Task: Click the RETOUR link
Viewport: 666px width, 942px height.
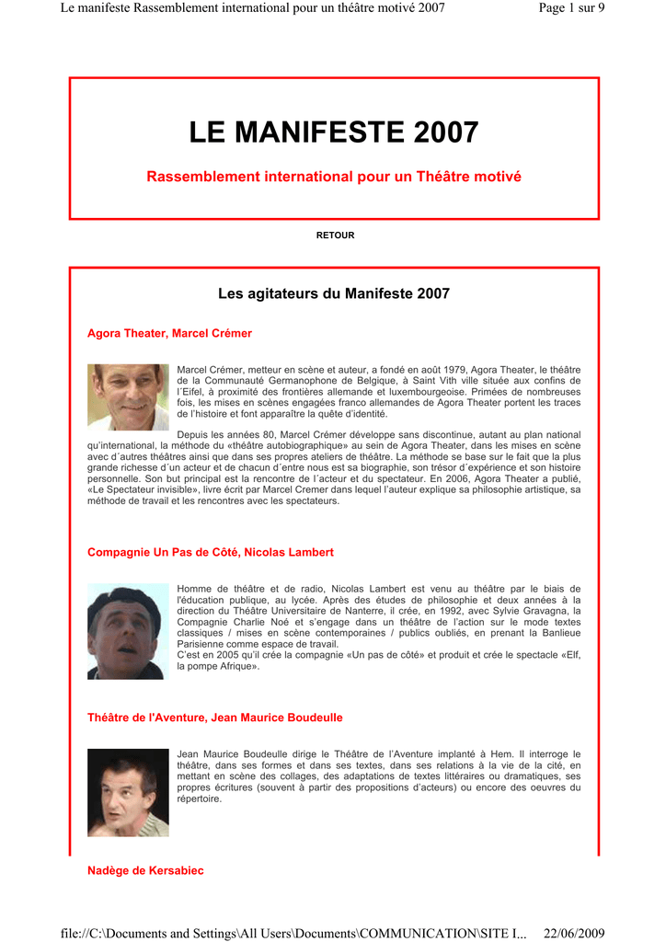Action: pyautogui.click(x=335, y=235)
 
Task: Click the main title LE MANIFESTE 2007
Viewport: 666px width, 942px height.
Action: pyautogui.click(x=334, y=133)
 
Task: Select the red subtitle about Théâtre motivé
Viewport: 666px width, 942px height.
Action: pyautogui.click(x=334, y=176)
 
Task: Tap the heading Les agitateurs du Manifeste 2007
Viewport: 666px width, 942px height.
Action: pyautogui.click(x=334, y=294)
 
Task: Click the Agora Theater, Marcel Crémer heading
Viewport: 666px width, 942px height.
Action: pyautogui.click(x=169, y=333)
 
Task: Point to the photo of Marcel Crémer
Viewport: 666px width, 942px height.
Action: pyautogui.click(x=128, y=397)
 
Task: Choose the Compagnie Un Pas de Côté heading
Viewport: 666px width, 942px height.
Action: pyautogui.click(x=210, y=552)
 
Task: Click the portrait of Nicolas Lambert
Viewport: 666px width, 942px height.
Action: pyautogui.click(x=128, y=632)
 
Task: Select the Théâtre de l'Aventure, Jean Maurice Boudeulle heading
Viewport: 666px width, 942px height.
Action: pyautogui.click(x=214, y=717)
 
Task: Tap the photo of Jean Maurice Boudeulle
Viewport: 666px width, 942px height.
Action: pyautogui.click(x=128, y=792)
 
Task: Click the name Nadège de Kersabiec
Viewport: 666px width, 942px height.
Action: pyautogui.click(x=145, y=870)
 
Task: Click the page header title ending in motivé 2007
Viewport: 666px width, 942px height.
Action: pyautogui.click(x=253, y=8)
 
